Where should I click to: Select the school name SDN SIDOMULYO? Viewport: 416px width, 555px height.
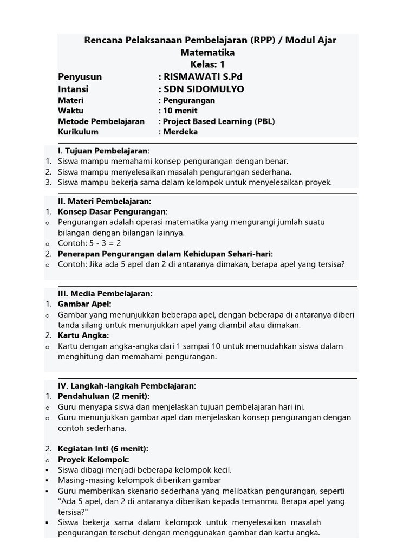(204, 89)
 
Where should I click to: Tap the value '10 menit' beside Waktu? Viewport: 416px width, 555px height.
(181, 111)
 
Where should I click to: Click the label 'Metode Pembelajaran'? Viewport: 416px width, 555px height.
(101, 121)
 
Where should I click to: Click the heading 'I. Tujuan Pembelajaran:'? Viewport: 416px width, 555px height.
(103, 151)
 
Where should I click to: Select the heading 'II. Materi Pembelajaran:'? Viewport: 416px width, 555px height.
(105, 201)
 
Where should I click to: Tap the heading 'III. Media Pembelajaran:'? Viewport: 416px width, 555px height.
(105, 294)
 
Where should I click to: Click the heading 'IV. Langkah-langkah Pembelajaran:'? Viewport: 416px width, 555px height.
(127, 386)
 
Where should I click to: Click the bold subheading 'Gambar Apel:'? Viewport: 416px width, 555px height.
(84, 304)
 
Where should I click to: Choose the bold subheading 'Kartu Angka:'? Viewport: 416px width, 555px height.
(83, 335)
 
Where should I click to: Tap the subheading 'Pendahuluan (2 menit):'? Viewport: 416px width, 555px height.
(103, 396)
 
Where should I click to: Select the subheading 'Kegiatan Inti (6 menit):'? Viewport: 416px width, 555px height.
(103, 449)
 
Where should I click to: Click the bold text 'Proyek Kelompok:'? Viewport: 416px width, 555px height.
(93, 460)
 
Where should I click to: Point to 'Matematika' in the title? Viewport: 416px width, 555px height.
(207, 53)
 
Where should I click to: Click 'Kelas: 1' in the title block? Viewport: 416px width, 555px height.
(207, 64)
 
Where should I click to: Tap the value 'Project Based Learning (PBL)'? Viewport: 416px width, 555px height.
(219, 121)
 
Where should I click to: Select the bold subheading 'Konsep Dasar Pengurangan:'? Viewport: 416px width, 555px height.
(113, 211)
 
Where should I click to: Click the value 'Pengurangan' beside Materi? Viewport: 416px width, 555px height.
(189, 100)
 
